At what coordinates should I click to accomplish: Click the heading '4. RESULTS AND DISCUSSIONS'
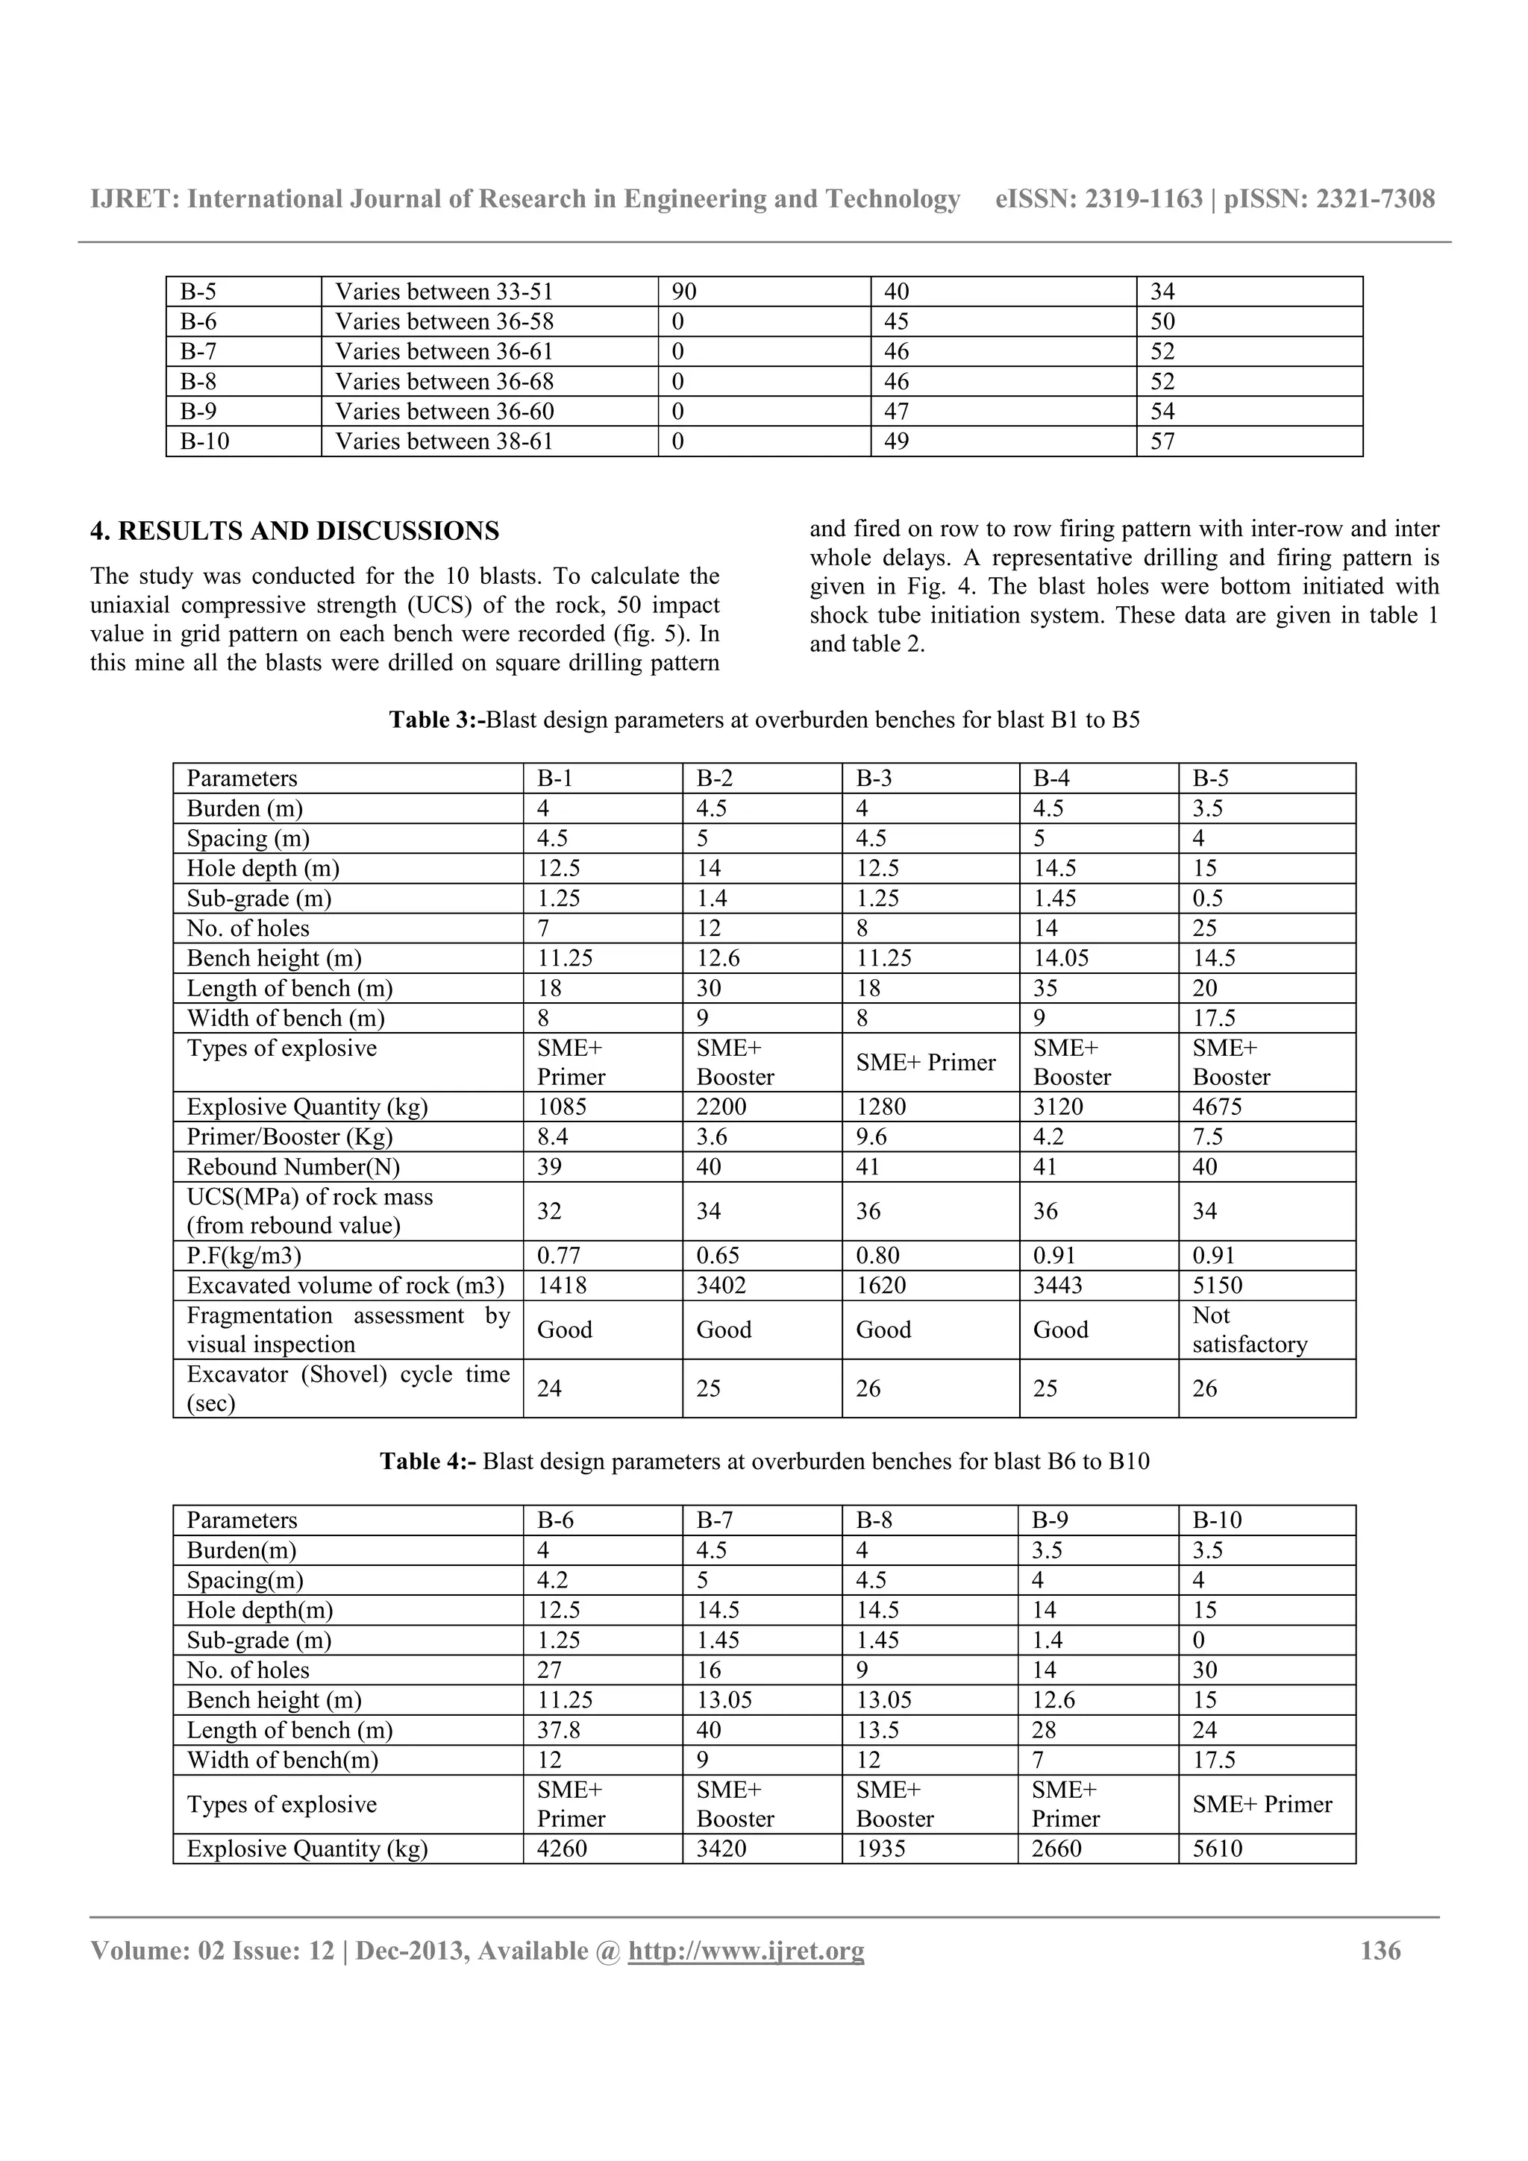pyautogui.click(x=294, y=532)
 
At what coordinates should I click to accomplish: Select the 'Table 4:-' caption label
pyautogui.click(x=428, y=1462)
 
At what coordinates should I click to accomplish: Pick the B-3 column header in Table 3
pyautogui.click(x=874, y=778)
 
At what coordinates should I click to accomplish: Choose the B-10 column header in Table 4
pyautogui.click(x=1218, y=1520)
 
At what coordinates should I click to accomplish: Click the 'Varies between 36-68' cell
pyautogui.click(x=445, y=381)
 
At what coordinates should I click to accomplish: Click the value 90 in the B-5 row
pyautogui.click(x=684, y=292)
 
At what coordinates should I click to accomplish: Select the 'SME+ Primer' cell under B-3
pyautogui.click(x=925, y=1063)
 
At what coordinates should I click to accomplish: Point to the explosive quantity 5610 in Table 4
pyautogui.click(x=1218, y=1849)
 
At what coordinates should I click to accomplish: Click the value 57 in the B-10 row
pyautogui.click(x=1162, y=441)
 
